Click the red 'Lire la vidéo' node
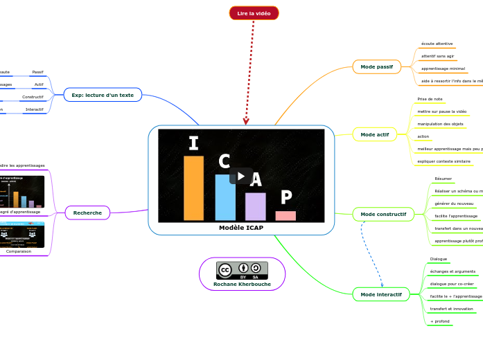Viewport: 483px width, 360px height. [254, 13]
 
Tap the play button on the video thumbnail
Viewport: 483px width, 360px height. [241, 176]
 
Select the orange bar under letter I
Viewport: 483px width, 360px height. [193, 188]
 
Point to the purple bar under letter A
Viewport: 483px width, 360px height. [255, 206]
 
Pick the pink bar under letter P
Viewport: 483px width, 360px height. [286, 215]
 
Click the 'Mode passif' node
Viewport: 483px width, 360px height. [376, 67]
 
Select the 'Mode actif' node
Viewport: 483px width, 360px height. [375, 134]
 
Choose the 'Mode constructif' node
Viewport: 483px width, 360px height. [383, 215]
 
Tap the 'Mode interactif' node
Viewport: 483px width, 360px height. [381, 294]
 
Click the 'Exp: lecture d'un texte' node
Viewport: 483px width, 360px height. [103, 95]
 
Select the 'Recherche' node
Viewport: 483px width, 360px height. [87, 213]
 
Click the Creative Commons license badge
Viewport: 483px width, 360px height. [242, 270]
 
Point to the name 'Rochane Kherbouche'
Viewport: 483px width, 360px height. [242, 284]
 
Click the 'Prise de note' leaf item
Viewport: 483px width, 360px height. [430, 99]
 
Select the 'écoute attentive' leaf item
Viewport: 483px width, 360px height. [437, 44]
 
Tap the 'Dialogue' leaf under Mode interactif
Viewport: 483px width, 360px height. [438, 259]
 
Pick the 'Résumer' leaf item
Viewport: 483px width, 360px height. [443, 179]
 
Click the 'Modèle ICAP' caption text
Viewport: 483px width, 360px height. [241, 228]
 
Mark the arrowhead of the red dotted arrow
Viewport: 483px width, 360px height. [246, 122]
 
